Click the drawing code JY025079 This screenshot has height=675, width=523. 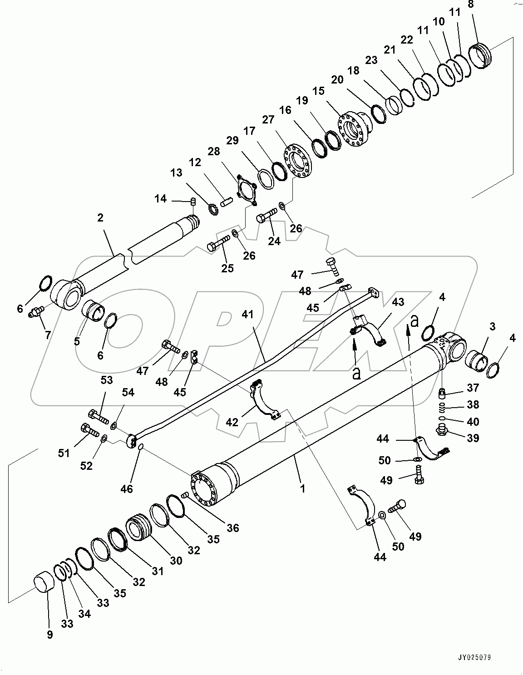(475, 657)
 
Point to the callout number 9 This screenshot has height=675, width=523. (50, 634)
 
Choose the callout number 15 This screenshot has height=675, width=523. (319, 91)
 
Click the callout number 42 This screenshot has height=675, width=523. (232, 422)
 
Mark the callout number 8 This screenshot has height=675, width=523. (470, 5)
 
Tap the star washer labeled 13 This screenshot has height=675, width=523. (212, 209)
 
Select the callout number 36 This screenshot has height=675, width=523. (233, 528)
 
